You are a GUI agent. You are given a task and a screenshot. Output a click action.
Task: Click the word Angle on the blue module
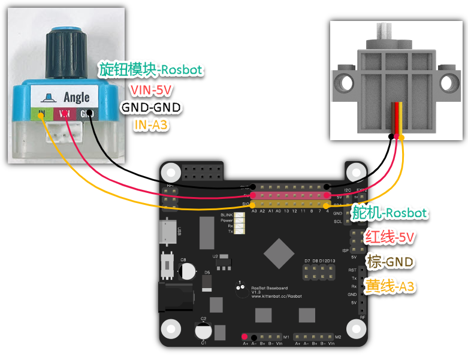click(x=76, y=96)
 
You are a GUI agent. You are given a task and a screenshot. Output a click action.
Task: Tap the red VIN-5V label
click(x=150, y=90)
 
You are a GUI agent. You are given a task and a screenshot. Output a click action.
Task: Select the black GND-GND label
click(x=150, y=108)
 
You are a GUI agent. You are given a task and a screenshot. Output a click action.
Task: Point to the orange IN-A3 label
click(x=151, y=126)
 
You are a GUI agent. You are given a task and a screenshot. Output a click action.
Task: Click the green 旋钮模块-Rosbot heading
click(x=151, y=71)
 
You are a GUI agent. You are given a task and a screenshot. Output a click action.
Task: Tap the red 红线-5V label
click(x=390, y=238)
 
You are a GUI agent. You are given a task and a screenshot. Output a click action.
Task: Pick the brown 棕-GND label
click(x=390, y=262)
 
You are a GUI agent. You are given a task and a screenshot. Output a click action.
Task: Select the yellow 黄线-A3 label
click(x=390, y=287)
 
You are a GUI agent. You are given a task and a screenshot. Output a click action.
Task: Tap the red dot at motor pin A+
click(x=245, y=337)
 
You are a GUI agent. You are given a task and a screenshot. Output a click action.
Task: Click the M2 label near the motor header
click(x=338, y=337)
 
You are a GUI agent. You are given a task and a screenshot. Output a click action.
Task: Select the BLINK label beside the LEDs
click(x=226, y=214)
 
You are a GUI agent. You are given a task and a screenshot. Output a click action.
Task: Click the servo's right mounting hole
click(x=448, y=80)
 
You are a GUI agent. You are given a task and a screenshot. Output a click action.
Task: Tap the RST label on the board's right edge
click(x=352, y=270)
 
